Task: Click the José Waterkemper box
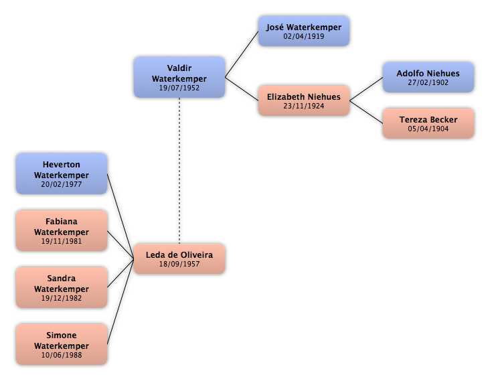(304, 31)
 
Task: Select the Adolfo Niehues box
(428, 77)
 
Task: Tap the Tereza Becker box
(428, 123)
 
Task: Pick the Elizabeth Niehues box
(304, 100)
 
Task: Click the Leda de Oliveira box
(179, 258)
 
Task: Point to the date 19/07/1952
(179, 88)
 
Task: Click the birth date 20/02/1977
(62, 184)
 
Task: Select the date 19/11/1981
(62, 241)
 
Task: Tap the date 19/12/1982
(62, 298)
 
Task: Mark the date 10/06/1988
(62, 355)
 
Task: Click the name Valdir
(179, 68)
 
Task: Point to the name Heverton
(62, 165)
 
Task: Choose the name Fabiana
(62, 221)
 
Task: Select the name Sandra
(62, 278)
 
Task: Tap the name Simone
(62, 335)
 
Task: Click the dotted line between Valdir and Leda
(179, 171)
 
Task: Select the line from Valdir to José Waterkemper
(242, 54)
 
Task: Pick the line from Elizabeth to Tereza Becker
(366, 112)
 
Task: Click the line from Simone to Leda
(120, 301)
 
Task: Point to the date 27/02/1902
(428, 83)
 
